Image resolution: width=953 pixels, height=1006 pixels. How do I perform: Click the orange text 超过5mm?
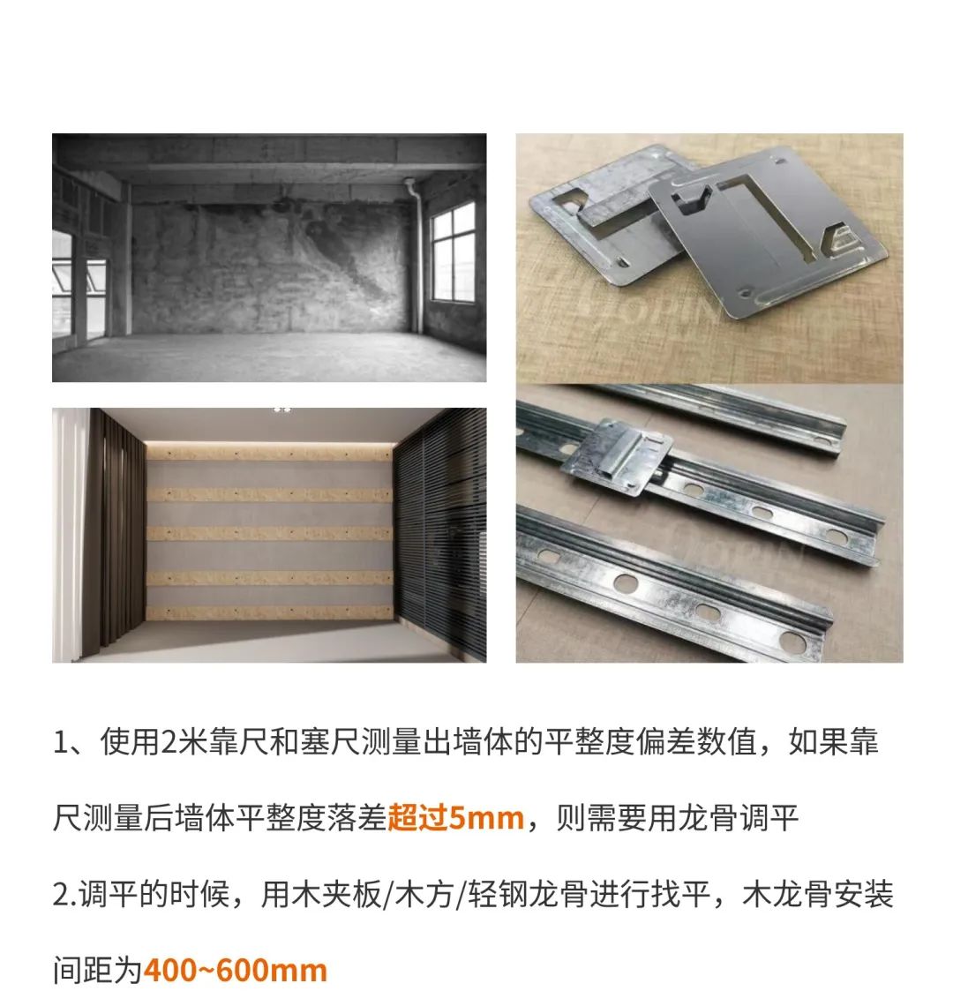point(455,817)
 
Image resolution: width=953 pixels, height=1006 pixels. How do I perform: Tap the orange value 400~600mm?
point(235,970)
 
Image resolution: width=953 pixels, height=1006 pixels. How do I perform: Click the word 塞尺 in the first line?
point(330,741)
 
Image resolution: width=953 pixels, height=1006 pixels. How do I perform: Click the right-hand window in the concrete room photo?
point(454,252)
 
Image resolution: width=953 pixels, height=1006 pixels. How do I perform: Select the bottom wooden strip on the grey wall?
point(269,612)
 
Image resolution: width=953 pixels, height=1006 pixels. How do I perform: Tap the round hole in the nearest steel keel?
point(625,582)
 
